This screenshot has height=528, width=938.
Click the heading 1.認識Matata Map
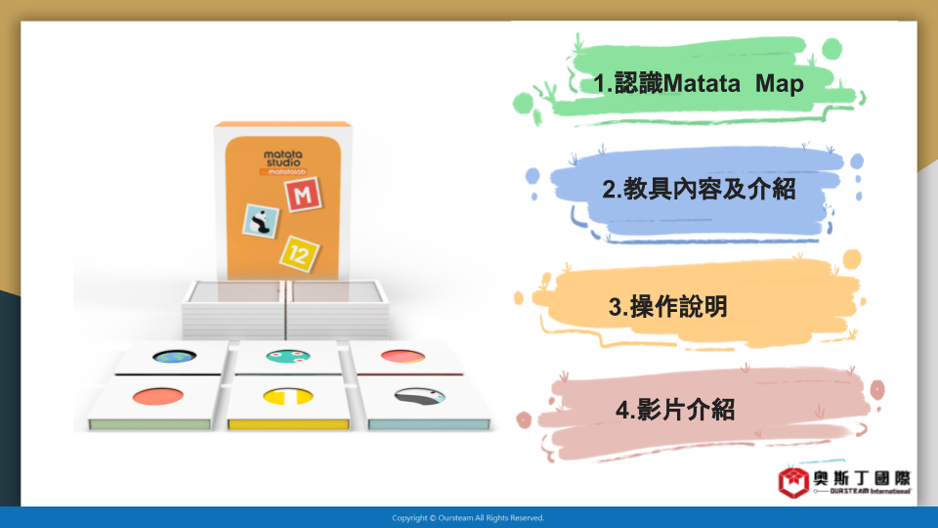pos(698,83)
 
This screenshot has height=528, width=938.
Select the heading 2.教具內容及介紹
pos(699,189)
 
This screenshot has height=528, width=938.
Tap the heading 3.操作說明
pos(667,306)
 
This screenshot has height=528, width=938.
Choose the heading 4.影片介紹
pos(675,410)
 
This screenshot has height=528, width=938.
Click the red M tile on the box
pos(303,195)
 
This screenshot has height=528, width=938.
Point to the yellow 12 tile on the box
pos(299,254)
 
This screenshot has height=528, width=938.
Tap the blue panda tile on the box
pos(261,221)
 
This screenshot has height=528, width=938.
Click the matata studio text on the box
pos(283,158)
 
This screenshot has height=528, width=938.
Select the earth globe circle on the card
pos(174,357)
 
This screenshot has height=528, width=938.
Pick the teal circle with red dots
pos(287,357)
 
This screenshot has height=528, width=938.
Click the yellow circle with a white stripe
pos(287,396)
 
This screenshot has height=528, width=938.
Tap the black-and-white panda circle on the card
pos(420,396)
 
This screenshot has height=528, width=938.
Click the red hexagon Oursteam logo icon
pos(793,482)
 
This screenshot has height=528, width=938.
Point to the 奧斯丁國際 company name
pos(862,478)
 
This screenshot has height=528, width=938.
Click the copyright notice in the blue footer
pos(468,518)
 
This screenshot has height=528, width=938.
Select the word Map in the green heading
pos(780,83)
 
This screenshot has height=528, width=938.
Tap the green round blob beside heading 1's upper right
pos(831,49)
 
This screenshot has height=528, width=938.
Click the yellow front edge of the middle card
pos(288,424)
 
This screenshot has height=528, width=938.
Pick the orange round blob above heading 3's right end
pos(852,258)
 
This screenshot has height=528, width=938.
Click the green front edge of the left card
pos(149,424)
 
